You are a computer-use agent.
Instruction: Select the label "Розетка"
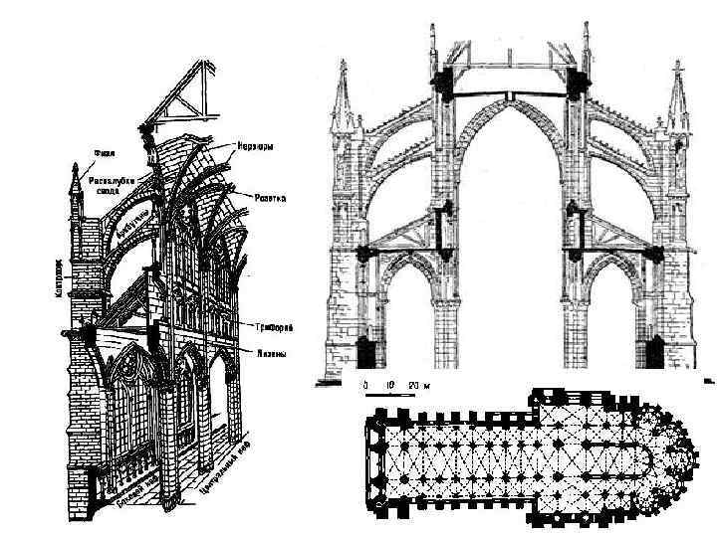[269, 199]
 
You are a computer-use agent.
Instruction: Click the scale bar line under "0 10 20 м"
[383, 393]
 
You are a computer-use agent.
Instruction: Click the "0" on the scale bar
[365, 383]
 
